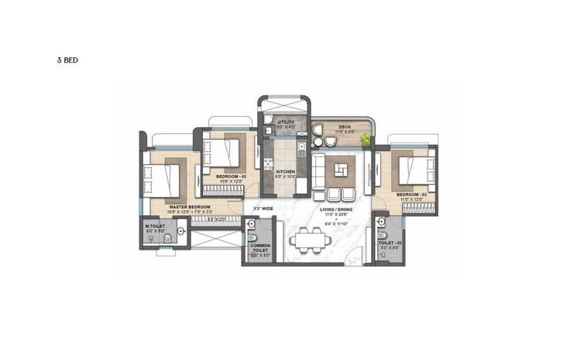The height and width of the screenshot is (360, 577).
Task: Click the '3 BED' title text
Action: (67, 60)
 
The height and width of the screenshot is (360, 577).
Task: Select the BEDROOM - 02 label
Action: (232, 177)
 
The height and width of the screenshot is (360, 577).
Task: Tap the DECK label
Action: (345, 127)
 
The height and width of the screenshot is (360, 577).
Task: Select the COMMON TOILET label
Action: (259, 248)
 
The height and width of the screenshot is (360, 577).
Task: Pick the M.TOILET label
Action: (155, 226)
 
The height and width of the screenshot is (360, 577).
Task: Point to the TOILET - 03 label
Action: (389, 242)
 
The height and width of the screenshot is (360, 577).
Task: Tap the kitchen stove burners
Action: (268, 163)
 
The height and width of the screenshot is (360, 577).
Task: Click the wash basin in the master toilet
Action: (180, 231)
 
